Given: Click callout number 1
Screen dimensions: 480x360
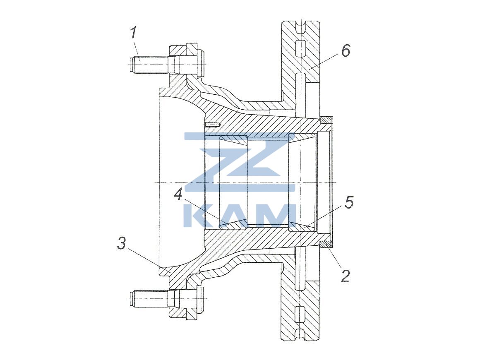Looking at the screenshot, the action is click(133, 33).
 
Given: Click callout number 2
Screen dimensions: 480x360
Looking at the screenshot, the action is click(345, 276).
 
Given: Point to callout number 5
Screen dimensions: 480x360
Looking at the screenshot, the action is click(349, 203).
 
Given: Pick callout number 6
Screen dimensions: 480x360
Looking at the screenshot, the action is click(346, 50).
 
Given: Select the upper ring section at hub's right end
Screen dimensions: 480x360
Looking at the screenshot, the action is click(326, 120).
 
